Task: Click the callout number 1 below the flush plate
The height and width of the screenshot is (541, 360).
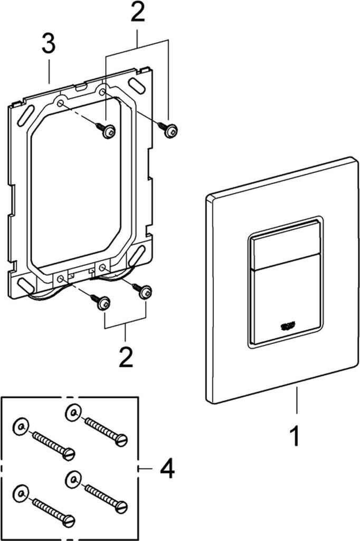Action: pyautogui.click(x=296, y=436)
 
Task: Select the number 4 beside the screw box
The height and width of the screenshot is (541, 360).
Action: pyautogui.click(x=166, y=468)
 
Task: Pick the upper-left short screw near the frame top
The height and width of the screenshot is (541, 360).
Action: pyautogui.click(x=107, y=131)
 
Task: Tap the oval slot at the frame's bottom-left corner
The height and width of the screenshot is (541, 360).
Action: pyautogui.click(x=25, y=285)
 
